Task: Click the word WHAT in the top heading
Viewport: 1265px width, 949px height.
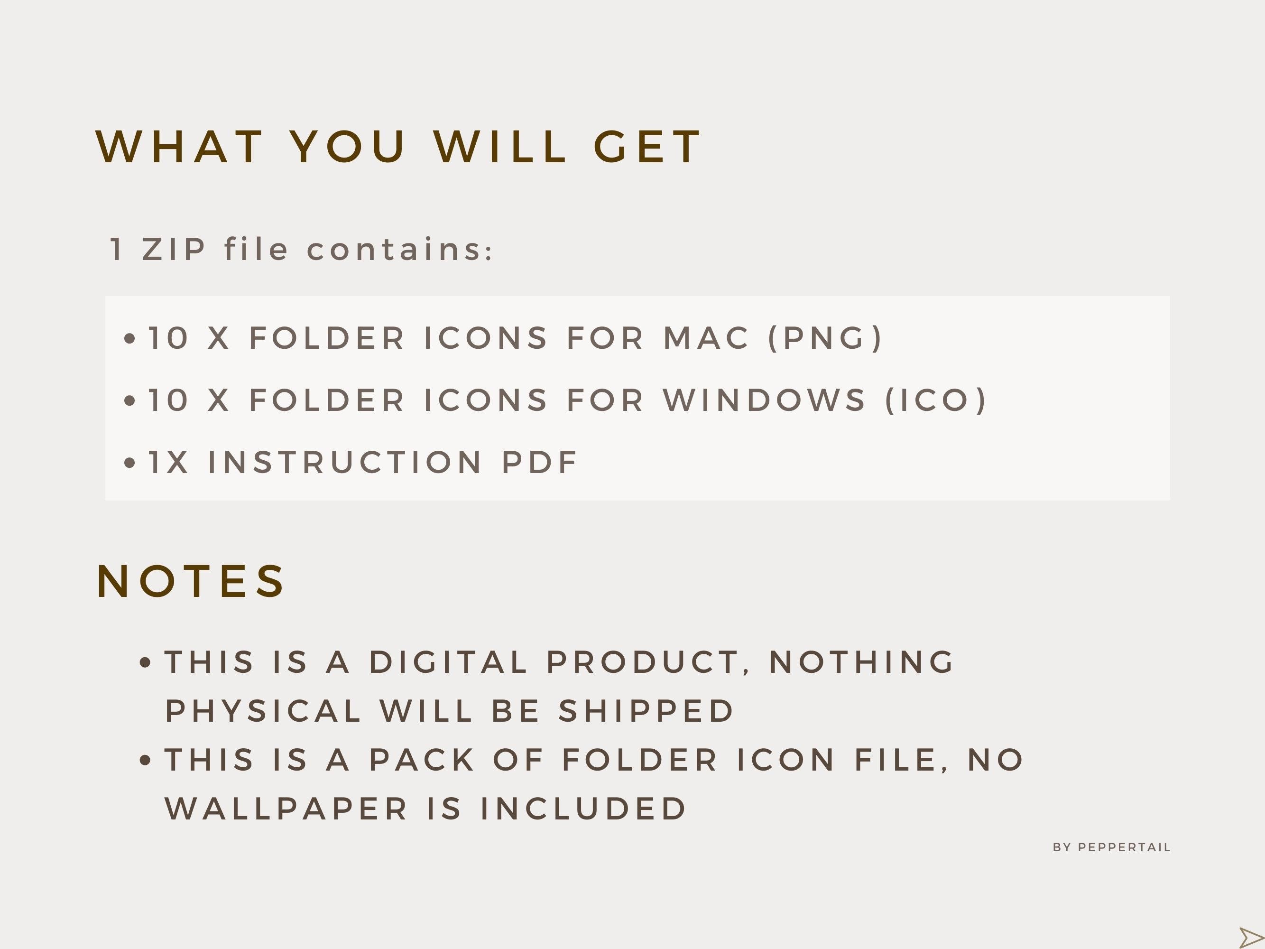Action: point(180,147)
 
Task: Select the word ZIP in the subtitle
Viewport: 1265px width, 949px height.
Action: point(174,250)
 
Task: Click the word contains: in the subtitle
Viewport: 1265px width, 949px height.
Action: point(400,250)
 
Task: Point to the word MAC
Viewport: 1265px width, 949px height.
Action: point(706,337)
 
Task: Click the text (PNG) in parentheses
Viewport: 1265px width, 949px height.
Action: point(826,337)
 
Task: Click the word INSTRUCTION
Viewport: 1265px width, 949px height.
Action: point(345,462)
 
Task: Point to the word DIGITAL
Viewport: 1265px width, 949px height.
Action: point(448,662)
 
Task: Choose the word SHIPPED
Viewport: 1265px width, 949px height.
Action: point(646,711)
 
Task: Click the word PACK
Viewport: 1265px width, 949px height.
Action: point(422,760)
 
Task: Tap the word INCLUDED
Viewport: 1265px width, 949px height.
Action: point(583,809)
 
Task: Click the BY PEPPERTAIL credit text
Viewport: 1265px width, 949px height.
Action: point(1112,847)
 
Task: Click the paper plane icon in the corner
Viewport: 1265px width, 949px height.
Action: point(1250,938)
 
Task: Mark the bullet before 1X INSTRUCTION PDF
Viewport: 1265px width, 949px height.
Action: point(130,463)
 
